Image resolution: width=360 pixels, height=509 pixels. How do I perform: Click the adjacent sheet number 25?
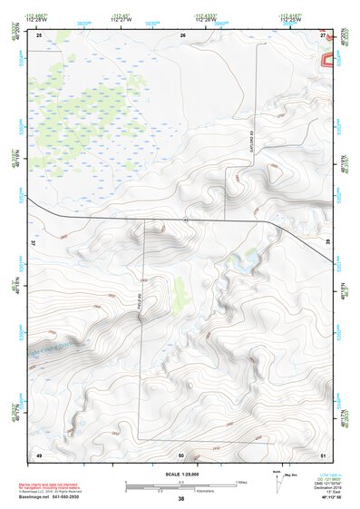click(39, 34)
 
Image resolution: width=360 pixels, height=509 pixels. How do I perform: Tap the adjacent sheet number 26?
click(182, 34)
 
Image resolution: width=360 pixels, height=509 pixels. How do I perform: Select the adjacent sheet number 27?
click(324, 34)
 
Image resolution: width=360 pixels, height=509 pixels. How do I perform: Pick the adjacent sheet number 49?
click(39, 453)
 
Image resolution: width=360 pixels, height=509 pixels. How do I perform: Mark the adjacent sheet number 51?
click(324, 453)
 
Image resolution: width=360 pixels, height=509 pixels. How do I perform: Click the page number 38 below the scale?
click(181, 499)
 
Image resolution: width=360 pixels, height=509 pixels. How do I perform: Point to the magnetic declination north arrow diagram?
click(277, 482)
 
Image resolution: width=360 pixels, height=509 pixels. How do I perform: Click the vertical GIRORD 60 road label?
click(246, 136)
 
